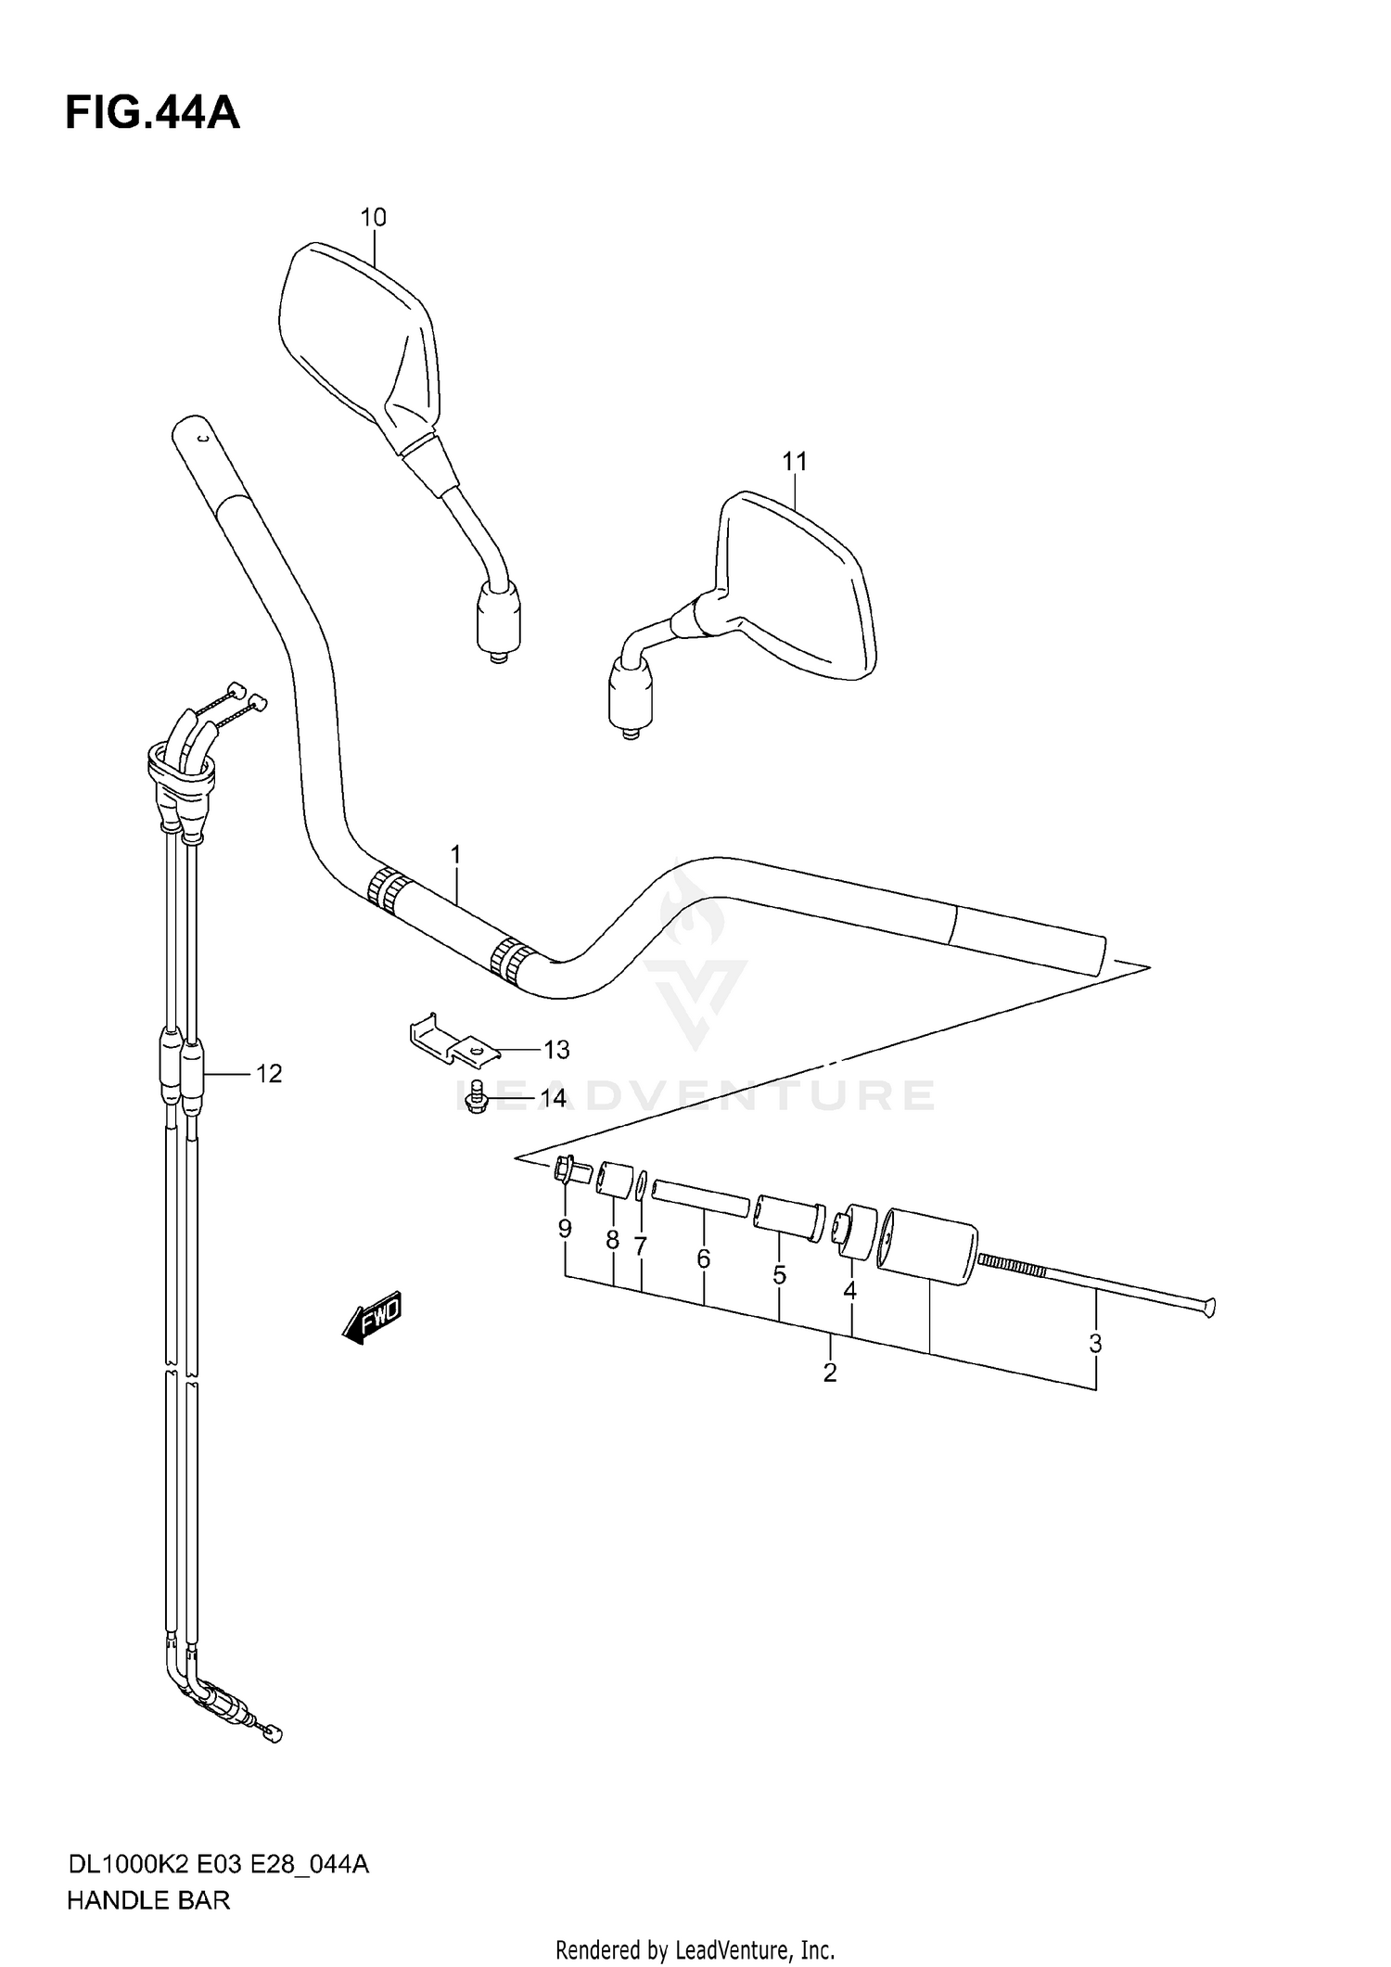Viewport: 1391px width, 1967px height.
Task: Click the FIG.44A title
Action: [152, 114]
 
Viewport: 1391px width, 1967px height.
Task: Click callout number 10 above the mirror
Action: [373, 218]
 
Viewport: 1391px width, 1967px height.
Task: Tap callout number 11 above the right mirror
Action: [795, 461]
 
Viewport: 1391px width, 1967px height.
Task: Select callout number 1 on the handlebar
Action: [455, 854]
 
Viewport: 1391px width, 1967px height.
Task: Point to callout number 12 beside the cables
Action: [268, 1074]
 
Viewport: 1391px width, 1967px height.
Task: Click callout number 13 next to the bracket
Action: [555, 1050]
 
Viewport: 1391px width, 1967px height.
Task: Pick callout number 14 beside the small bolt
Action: [553, 1099]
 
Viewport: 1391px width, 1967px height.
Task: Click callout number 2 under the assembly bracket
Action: [829, 1373]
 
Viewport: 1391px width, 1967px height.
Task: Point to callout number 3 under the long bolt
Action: [1095, 1343]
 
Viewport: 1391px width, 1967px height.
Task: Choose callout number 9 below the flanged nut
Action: [565, 1229]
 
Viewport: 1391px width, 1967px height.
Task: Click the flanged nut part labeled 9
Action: [568, 1171]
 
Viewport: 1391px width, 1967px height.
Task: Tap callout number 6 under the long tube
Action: [703, 1258]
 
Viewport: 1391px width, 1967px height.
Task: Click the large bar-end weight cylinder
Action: [927, 1245]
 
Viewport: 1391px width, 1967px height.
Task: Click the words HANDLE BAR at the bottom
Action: [147, 1900]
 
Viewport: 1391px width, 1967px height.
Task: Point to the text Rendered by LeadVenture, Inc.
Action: [695, 1950]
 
